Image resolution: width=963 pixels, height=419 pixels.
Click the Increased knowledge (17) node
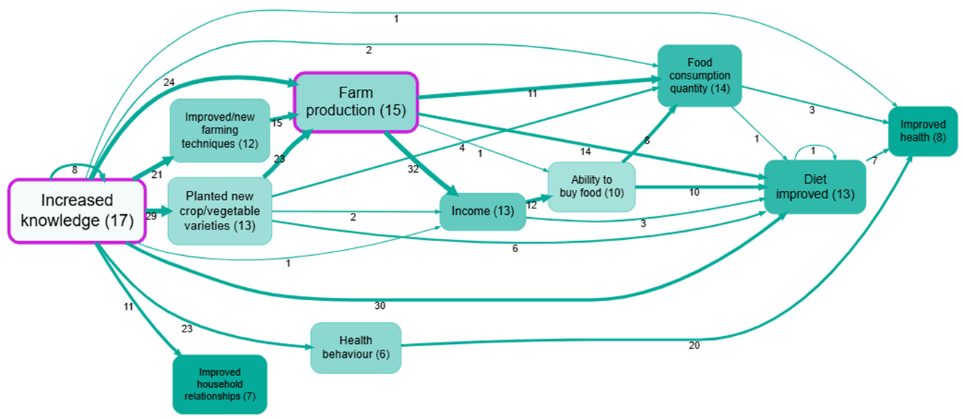[77, 210]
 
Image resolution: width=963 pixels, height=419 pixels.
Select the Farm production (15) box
[355, 102]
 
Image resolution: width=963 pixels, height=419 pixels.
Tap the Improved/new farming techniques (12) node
[220, 130]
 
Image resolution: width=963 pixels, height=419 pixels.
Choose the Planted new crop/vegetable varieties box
[220, 211]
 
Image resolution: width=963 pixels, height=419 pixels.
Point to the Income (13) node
[483, 211]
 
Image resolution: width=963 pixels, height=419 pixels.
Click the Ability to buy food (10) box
[591, 187]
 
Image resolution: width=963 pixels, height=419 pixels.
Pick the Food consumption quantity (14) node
[699, 76]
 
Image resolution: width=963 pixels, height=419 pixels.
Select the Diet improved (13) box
[814, 187]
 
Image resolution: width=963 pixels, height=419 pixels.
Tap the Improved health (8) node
[922, 132]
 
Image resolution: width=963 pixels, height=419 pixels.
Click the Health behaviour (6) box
[355, 348]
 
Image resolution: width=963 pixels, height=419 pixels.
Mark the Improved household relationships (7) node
[220, 384]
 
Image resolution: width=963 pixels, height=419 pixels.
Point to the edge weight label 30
[380, 305]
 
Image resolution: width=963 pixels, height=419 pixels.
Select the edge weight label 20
[693, 345]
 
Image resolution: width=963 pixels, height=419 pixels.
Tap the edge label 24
[169, 82]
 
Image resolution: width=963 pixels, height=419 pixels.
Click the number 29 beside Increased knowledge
[151, 216]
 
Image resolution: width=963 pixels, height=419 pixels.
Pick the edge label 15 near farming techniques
[277, 123]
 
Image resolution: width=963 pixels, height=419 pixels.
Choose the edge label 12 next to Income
[531, 205]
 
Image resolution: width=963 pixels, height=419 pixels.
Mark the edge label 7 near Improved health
[874, 160]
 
